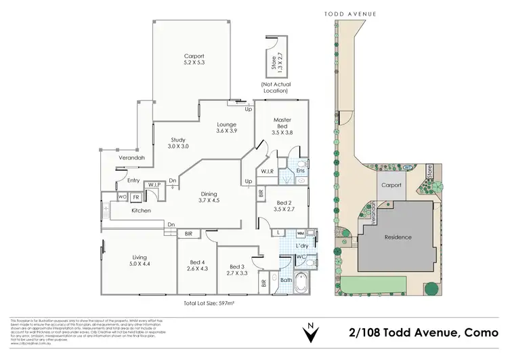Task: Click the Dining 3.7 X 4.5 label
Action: pyautogui.click(x=210, y=196)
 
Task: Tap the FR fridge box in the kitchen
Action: pyautogui.click(x=136, y=197)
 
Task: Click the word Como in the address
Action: pyautogui.click(x=482, y=332)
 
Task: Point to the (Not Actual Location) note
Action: pyautogui.click(x=275, y=87)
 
